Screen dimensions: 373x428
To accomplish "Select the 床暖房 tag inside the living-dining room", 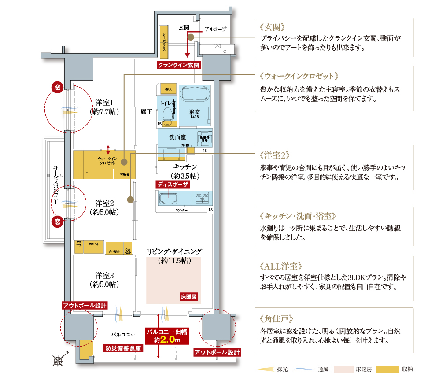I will pyautogui.click(x=189, y=297).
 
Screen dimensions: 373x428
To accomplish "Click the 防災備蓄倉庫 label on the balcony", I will pyautogui.click(x=123, y=348).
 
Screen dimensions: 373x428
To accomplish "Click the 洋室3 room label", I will pyautogui.click(x=104, y=280).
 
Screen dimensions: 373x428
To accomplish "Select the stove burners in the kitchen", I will pyautogui.click(x=202, y=196).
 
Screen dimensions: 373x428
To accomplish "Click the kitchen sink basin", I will pyautogui.click(x=167, y=199).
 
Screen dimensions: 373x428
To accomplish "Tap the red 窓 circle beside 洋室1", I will pyautogui.click(x=57, y=87).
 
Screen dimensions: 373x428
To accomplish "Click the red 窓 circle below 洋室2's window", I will pyautogui.click(x=57, y=221).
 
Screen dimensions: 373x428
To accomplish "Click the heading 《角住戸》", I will pyautogui.click(x=277, y=318).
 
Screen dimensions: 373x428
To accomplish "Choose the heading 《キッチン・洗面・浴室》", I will pyautogui.click(x=299, y=216).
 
